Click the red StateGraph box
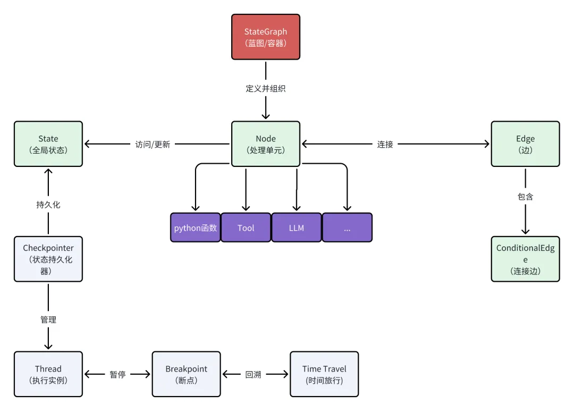point(266,37)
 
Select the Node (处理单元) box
point(266,144)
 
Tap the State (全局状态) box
point(48,144)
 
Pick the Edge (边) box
point(525,144)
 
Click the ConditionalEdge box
point(525,259)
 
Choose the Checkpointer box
point(48,259)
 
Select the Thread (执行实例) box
point(48,374)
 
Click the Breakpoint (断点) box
point(186,374)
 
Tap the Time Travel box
point(324,374)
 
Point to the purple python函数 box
point(196,228)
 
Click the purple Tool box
point(246,228)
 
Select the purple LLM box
point(297,228)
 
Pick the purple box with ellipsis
point(347,228)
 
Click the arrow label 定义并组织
point(266,89)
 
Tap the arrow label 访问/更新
point(153,144)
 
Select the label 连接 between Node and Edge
point(385,144)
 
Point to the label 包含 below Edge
point(525,197)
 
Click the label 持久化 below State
point(48,204)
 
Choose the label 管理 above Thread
point(48,320)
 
